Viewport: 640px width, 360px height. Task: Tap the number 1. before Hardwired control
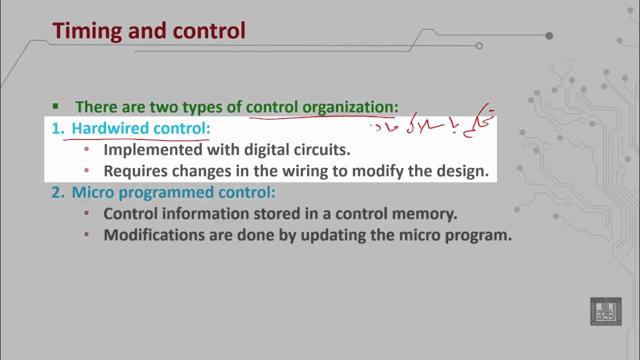coord(58,128)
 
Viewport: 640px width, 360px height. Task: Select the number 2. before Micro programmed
coord(58,192)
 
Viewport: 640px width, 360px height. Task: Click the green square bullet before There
coord(55,106)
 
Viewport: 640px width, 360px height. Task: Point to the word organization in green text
coord(350,107)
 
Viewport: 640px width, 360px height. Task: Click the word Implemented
coord(153,149)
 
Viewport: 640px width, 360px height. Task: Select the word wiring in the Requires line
coord(303,171)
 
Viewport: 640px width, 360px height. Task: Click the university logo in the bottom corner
coord(605,311)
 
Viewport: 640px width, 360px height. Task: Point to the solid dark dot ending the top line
coord(549,35)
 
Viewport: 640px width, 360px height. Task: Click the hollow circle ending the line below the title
coord(479,46)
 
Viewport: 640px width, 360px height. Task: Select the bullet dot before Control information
coord(86,213)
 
